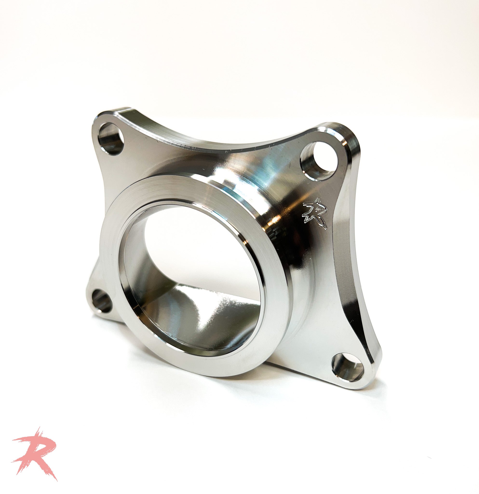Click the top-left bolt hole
click(110, 138)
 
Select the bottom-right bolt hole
click(348, 367)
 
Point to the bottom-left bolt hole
click(101, 301)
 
